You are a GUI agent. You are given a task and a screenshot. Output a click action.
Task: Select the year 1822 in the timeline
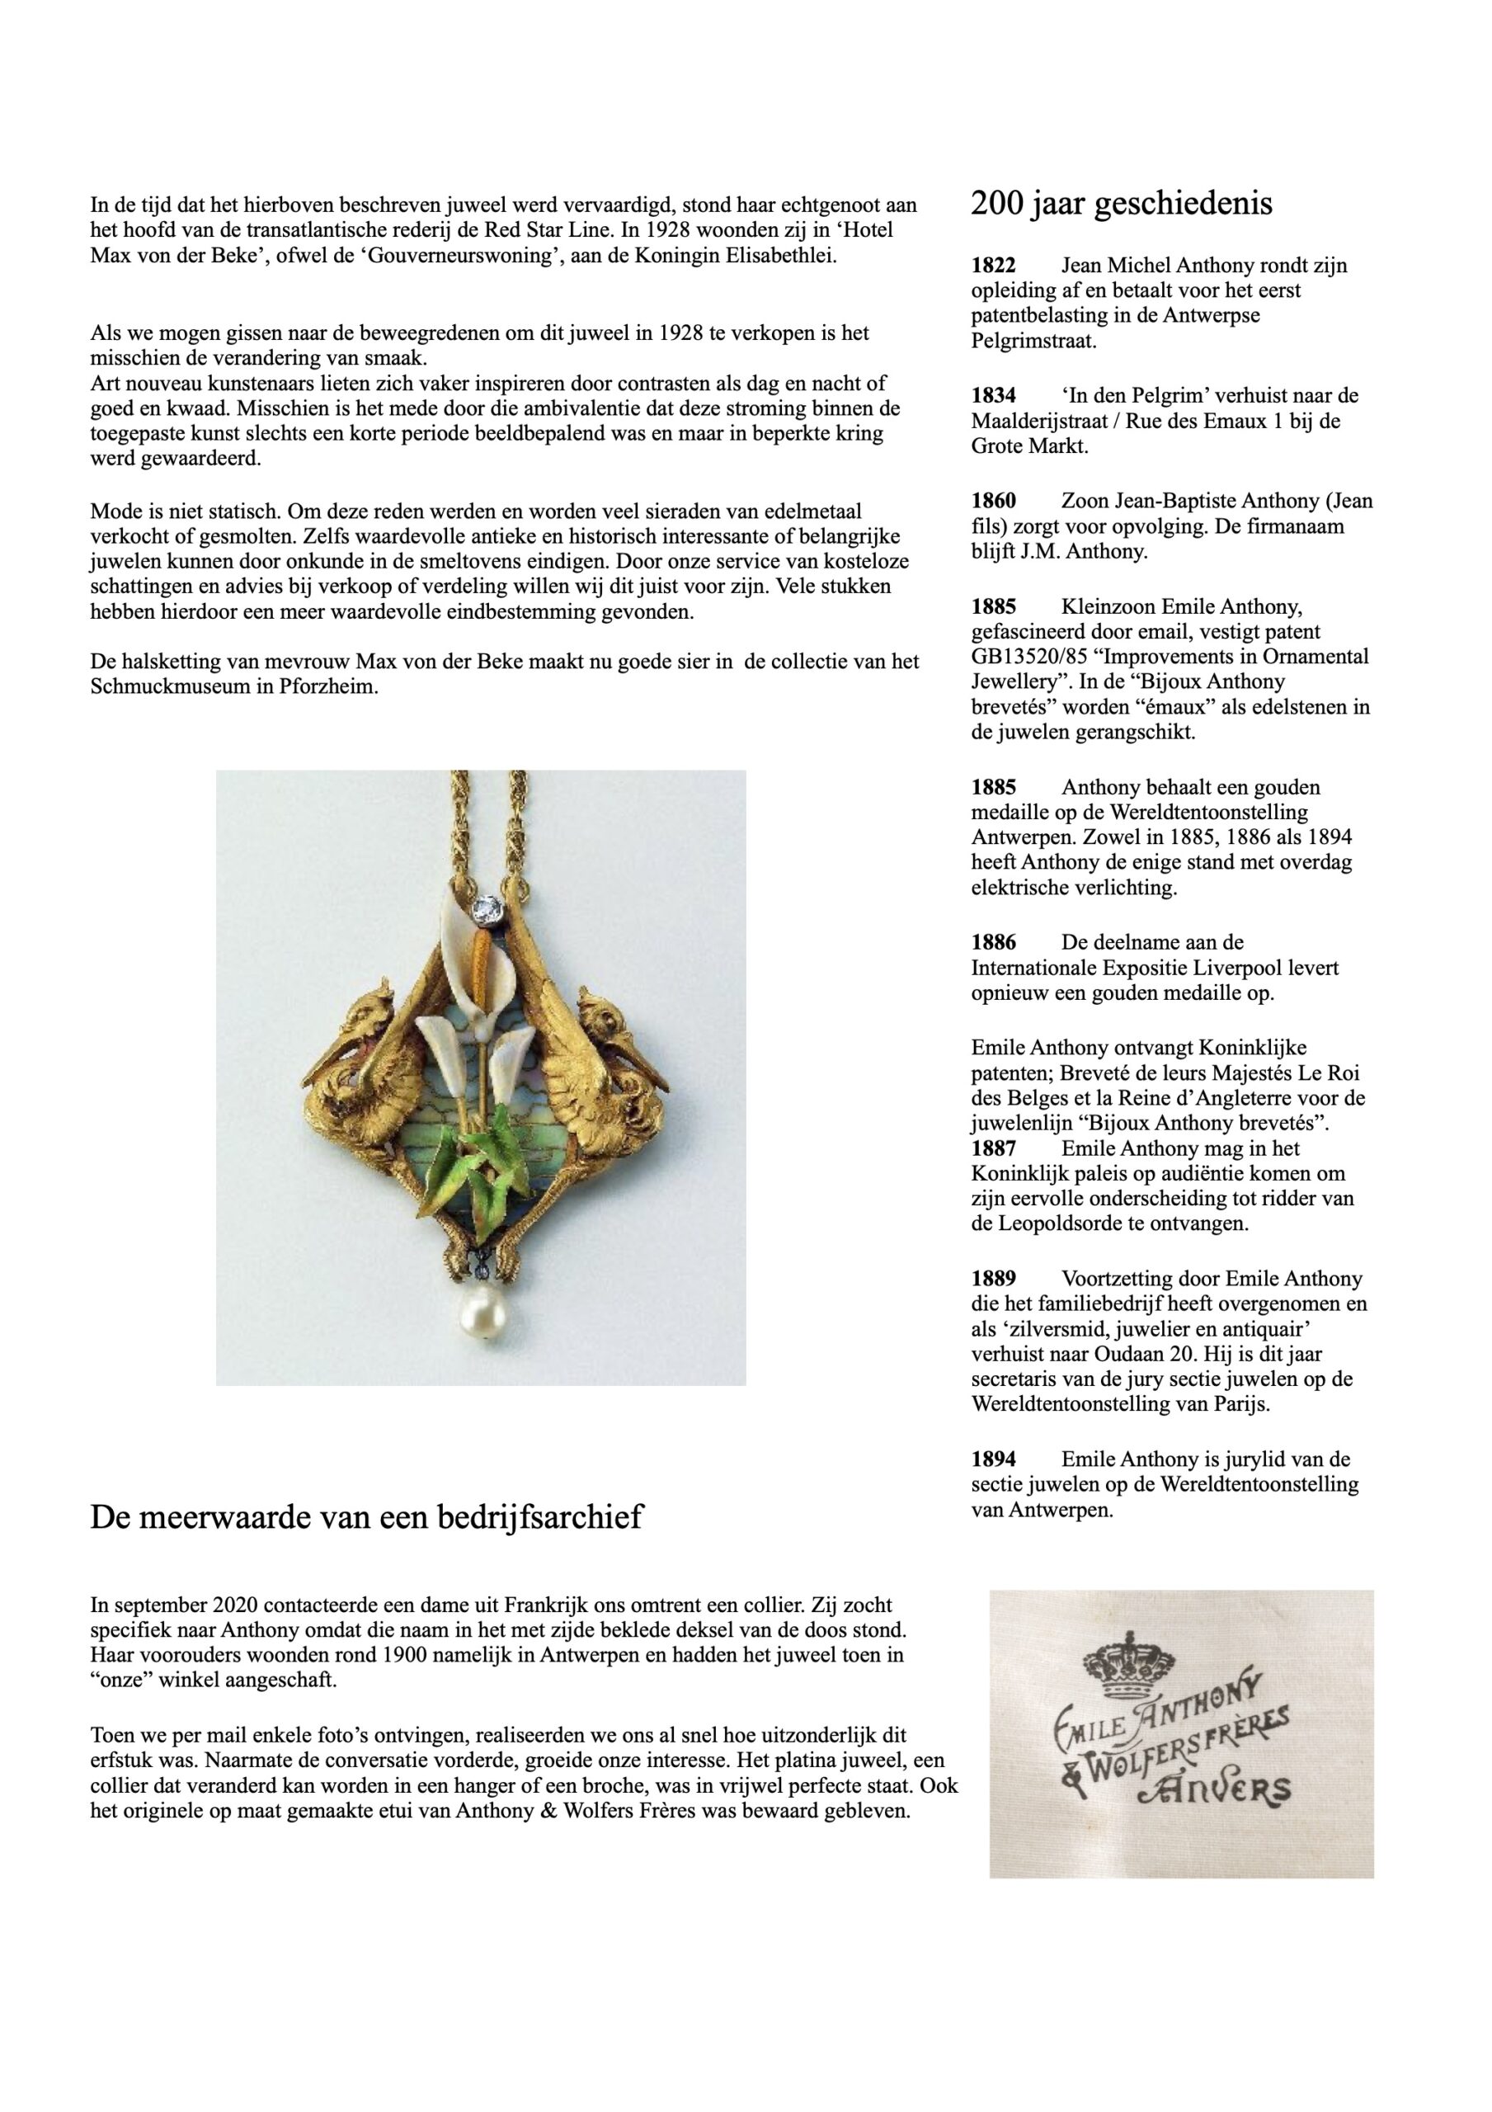(x=994, y=266)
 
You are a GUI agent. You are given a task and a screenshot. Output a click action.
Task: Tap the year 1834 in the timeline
(x=994, y=395)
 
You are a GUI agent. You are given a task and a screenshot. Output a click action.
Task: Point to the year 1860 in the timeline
(x=994, y=502)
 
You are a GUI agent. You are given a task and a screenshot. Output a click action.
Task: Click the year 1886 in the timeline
(x=994, y=942)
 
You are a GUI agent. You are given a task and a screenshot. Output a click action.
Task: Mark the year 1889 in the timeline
(x=994, y=1279)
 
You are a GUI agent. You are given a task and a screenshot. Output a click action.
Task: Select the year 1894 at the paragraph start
(x=994, y=1459)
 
